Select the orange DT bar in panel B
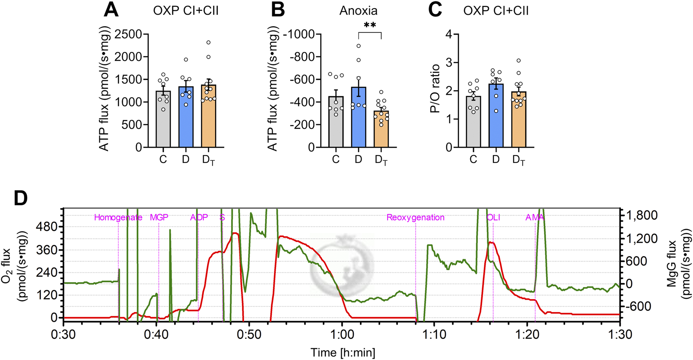381,130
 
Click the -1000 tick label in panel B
302,35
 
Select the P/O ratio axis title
435,89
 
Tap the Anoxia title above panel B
358,11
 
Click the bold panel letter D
20,198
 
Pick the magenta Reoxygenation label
415,217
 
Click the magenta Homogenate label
118,217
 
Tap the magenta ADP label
199,217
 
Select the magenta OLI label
493,217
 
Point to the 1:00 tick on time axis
342,335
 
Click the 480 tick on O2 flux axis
48,227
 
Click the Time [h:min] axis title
343,353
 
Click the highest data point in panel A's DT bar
208,42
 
